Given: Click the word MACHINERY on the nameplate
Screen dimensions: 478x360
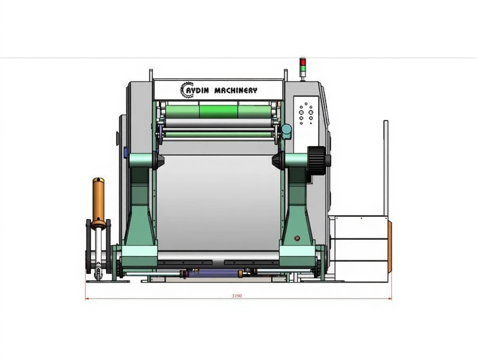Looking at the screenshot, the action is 236,90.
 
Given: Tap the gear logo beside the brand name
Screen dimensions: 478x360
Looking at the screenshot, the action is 187,90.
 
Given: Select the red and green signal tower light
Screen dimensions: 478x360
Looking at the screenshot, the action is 302,67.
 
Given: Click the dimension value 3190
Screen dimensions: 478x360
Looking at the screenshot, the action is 237,295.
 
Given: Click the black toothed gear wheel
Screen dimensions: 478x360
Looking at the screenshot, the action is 316,161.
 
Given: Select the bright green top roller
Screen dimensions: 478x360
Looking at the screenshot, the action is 218,112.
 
